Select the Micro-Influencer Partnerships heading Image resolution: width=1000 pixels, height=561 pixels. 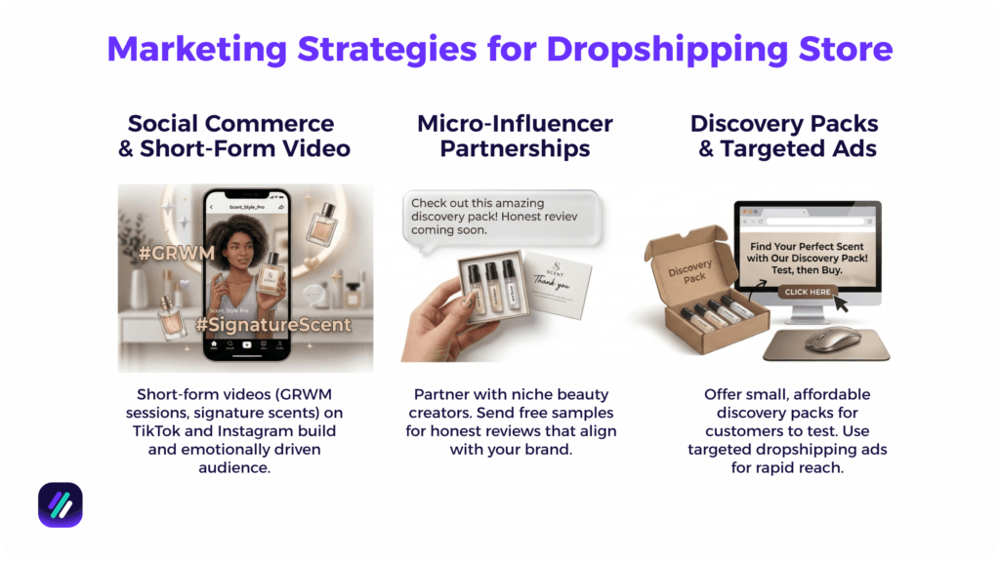click(515, 137)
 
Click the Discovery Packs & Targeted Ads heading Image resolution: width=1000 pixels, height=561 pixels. click(784, 137)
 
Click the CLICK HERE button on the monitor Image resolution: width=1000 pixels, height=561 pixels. click(808, 291)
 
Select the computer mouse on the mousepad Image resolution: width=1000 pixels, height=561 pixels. click(833, 339)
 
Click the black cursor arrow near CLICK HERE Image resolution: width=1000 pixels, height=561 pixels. click(841, 303)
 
